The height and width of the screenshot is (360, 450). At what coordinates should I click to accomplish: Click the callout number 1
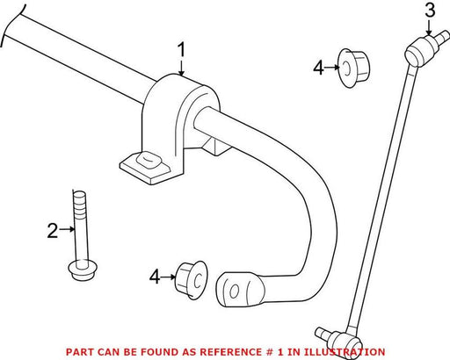182,50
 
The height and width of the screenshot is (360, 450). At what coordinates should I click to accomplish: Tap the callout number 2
53,230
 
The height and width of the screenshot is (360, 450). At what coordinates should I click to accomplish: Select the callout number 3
430,10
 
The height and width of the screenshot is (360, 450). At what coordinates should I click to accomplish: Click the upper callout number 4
318,68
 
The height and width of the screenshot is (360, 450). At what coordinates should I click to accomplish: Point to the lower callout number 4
155,277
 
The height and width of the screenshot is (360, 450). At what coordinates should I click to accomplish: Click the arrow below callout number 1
182,68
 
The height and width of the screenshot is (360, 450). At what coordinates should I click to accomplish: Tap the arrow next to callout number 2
67,229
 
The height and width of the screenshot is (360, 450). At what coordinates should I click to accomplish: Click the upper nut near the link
354,68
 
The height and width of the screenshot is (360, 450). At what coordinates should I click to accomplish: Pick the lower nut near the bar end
192,280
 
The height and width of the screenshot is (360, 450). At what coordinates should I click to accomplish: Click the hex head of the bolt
83,270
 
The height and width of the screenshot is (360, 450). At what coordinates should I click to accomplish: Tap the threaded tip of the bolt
80,202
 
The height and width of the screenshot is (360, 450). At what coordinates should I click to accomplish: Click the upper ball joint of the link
421,50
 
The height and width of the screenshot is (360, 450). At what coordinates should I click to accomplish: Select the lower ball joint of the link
341,341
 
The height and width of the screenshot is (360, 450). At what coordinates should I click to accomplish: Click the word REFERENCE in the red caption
236,351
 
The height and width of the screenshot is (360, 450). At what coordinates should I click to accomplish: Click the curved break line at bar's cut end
11,25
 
